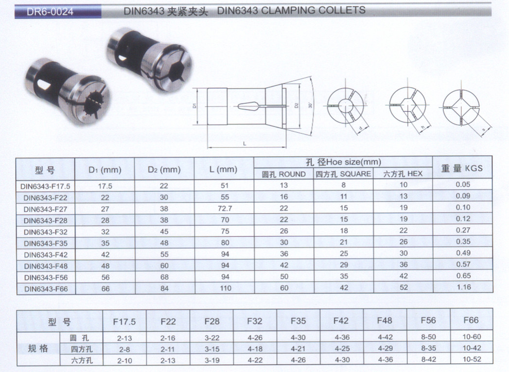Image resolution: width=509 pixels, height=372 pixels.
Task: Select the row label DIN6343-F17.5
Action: tap(46, 185)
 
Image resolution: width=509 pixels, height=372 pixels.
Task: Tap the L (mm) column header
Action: tap(224, 169)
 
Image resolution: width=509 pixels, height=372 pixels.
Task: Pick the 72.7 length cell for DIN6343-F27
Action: tap(224, 208)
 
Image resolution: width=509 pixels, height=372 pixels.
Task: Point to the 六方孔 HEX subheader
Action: tap(403, 174)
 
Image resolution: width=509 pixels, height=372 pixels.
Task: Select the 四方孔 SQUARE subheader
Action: tap(343, 174)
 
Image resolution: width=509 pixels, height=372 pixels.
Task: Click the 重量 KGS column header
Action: tap(462, 168)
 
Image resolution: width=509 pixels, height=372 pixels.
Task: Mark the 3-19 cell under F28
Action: tap(212, 360)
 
